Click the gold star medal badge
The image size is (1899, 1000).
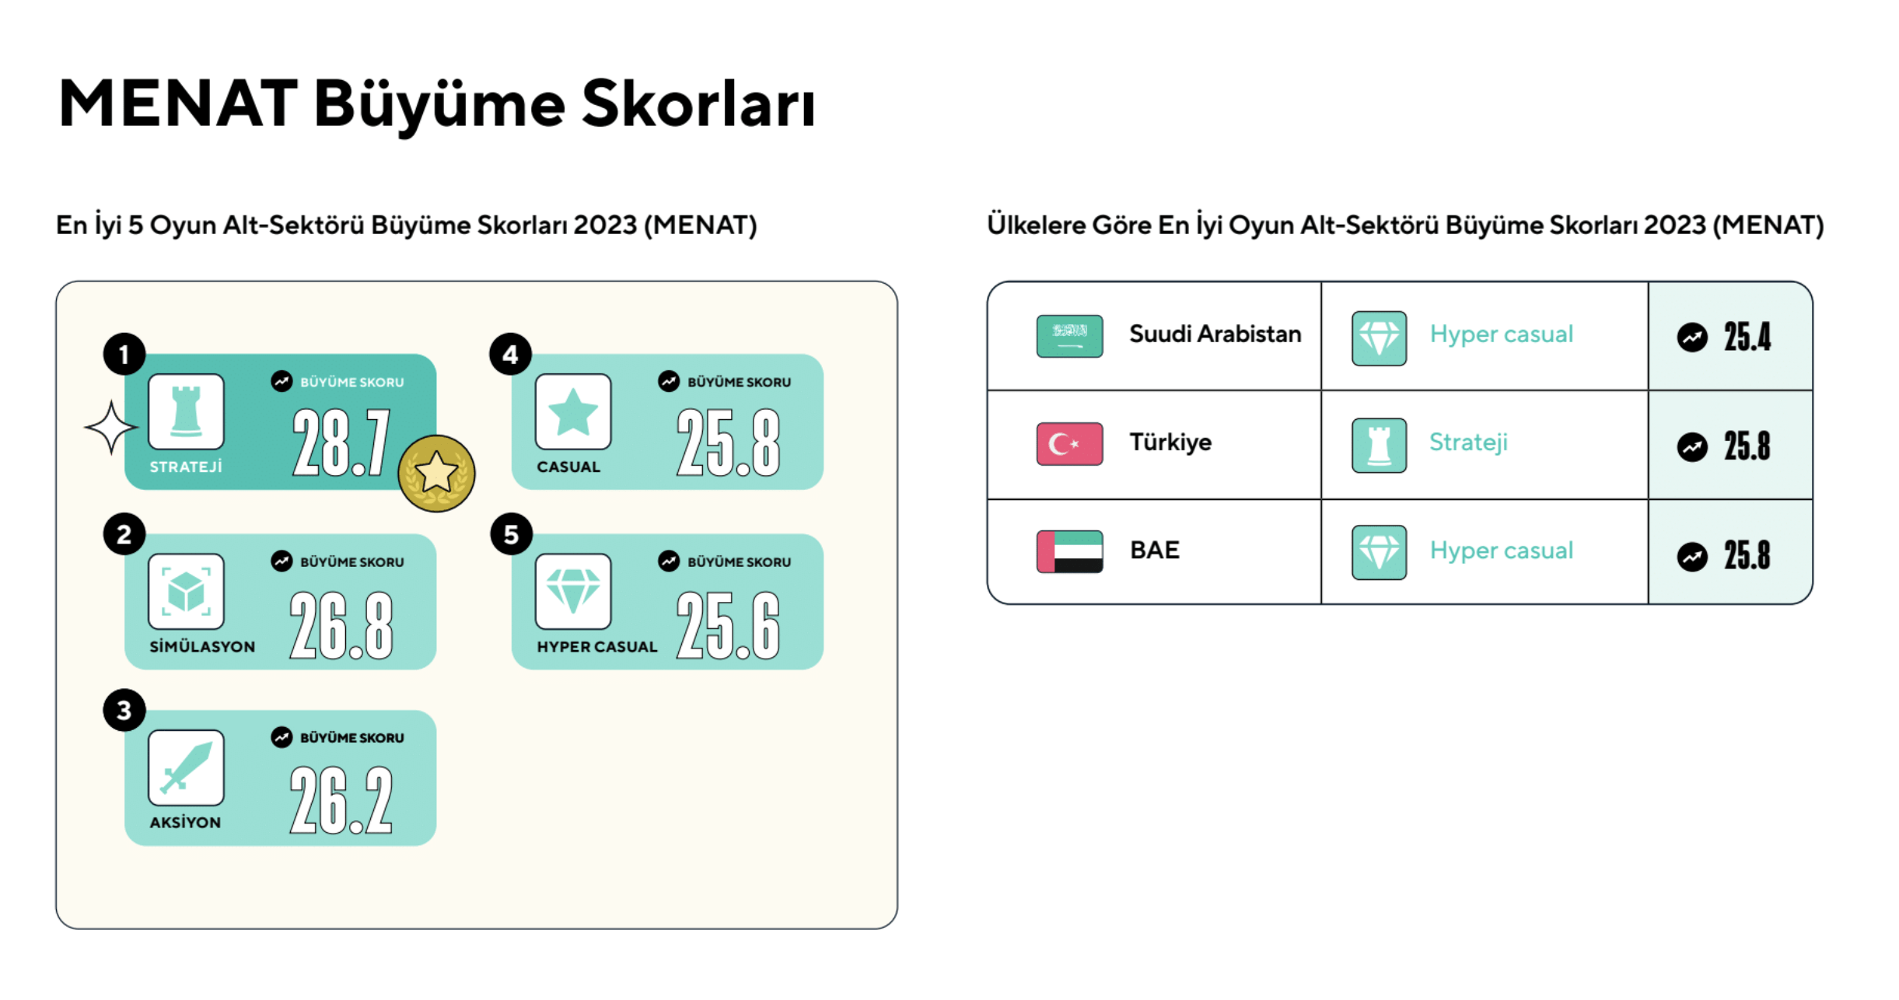click(436, 473)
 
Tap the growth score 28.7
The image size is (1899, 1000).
click(341, 442)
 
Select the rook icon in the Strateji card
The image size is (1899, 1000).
click(186, 411)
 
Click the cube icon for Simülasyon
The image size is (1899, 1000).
click(186, 591)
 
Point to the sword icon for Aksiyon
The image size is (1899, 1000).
click(186, 767)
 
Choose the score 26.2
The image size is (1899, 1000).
click(341, 800)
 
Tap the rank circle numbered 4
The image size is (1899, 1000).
click(510, 355)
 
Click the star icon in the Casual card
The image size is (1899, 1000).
click(573, 411)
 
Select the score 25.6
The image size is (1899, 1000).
click(728, 624)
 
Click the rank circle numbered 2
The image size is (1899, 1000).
click(124, 534)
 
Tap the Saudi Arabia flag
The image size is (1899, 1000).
click(1069, 336)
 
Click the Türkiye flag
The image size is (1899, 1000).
click(1069, 443)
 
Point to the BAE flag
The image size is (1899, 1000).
click(1069, 551)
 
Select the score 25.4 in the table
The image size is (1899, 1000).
click(1747, 337)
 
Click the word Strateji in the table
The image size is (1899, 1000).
click(1468, 442)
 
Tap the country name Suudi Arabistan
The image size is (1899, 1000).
click(1215, 334)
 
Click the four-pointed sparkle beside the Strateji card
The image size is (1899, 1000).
click(111, 427)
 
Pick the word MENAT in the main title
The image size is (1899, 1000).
click(178, 103)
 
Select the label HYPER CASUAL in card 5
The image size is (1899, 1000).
click(597, 646)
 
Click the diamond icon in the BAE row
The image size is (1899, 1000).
click(1379, 552)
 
